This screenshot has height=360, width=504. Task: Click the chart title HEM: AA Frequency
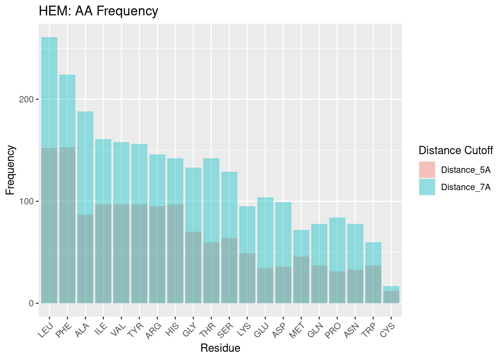[x=98, y=11]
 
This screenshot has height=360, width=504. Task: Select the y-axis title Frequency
[x=10, y=170]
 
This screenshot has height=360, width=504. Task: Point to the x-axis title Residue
[x=220, y=348]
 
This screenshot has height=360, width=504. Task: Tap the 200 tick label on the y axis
[x=26, y=99]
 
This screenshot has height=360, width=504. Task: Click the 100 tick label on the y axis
[x=26, y=201]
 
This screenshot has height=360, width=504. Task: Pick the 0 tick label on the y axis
[x=31, y=303]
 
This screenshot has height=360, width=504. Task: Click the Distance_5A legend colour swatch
[x=427, y=170]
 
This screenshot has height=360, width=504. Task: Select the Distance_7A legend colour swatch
[x=427, y=187]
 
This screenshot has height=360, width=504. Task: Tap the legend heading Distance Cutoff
[x=455, y=150]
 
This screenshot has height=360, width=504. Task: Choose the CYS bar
[x=391, y=295]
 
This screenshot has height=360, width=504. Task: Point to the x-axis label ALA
[x=82, y=330]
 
